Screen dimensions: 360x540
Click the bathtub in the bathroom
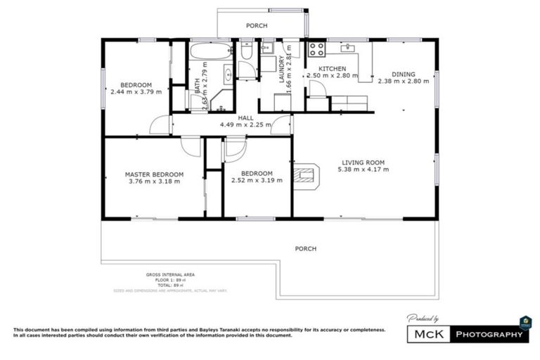[210, 51]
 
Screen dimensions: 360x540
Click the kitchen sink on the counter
[347, 49]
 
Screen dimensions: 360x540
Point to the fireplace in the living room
[306, 176]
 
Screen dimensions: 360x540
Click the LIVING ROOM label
[364, 161]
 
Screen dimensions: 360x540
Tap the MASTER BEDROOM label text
[154, 174]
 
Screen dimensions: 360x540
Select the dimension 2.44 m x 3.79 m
[136, 92]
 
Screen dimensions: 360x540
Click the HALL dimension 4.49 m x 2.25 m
[245, 124]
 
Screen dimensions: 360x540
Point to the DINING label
[404, 74]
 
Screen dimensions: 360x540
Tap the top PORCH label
[256, 26]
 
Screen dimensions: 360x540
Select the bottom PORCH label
[305, 249]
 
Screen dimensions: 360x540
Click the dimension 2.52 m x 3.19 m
[257, 181]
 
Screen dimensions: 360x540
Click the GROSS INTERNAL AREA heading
[170, 274]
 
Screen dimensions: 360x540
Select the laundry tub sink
[267, 49]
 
